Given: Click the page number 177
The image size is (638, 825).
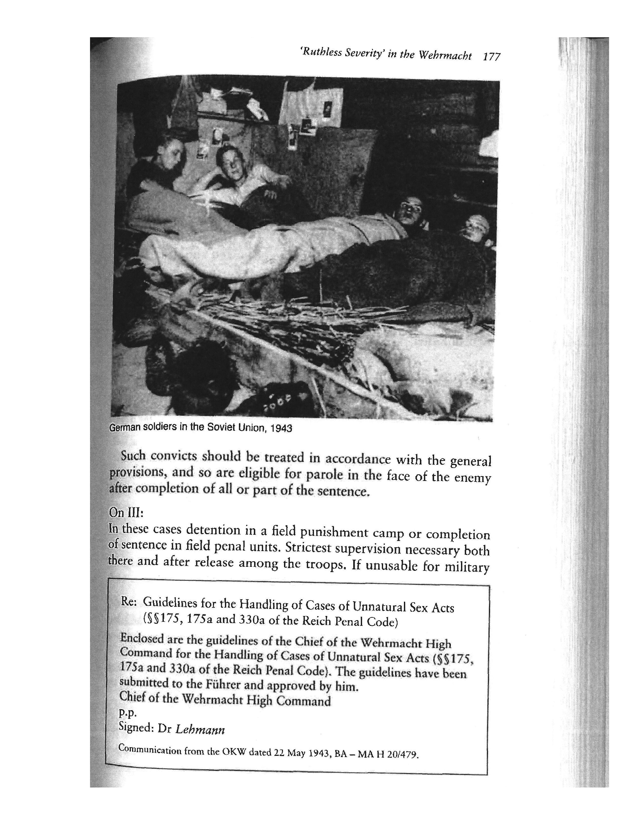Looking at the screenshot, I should coord(492,57).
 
